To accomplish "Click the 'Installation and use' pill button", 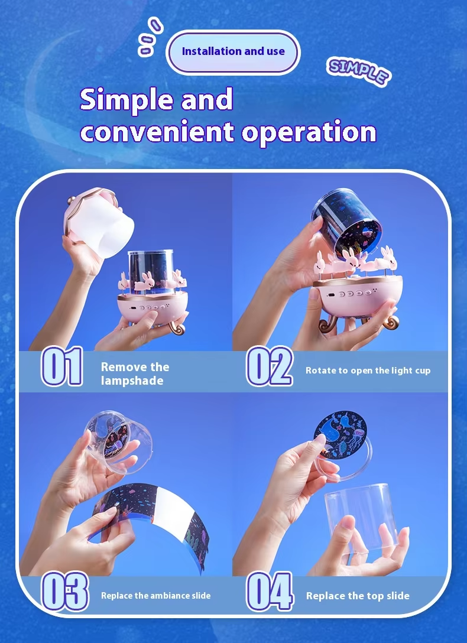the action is click(x=233, y=52).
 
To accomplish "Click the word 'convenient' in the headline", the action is click(x=157, y=132).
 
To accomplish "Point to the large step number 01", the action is click(x=62, y=366).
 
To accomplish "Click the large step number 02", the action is click(x=270, y=366).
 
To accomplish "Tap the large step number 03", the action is click(x=65, y=591).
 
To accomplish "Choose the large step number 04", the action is click(x=270, y=591).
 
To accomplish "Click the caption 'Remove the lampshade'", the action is click(x=135, y=374).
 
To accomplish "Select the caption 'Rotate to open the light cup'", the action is click(x=368, y=371).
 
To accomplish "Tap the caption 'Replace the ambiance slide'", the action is click(x=156, y=596).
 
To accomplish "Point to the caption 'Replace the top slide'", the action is click(x=358, y=596).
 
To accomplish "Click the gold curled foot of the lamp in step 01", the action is click(x=176, y=326).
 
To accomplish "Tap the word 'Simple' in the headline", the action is click(x=128, y=100).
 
